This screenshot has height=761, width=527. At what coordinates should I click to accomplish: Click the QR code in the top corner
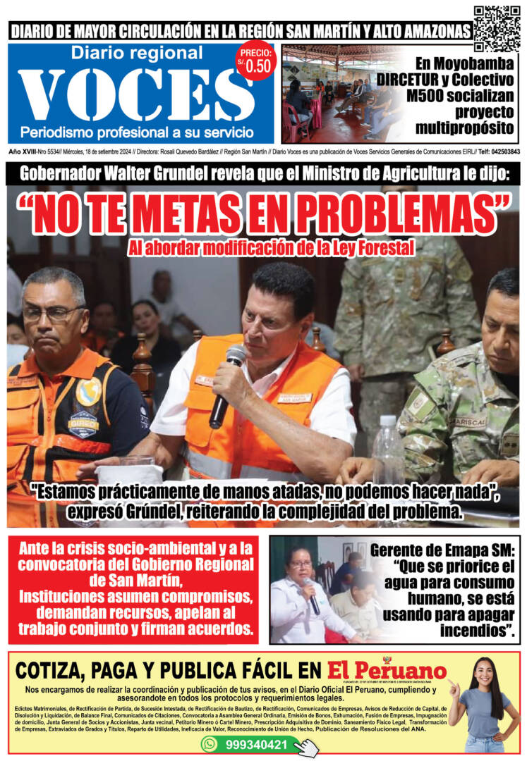click(x=497, y=27)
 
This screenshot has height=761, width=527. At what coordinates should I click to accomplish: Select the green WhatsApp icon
click(x=210, y=744)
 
